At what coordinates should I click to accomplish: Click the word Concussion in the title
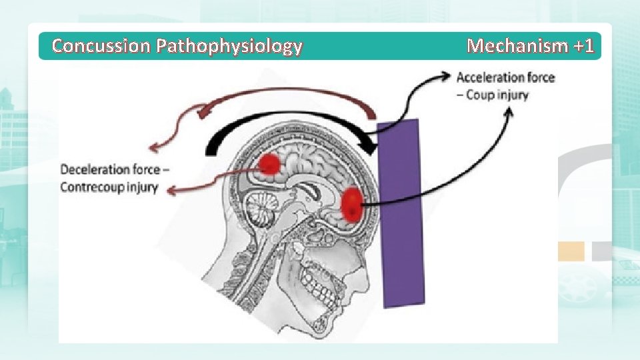(101, 46)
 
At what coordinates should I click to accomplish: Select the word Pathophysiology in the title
(229, 46)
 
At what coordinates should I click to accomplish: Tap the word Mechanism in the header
(517, 46)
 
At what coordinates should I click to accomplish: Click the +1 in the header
(583, 46)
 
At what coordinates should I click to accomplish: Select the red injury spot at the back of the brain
(269, 163)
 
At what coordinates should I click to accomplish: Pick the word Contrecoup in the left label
(91, 187)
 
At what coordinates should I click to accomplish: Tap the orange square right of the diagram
(571, 251)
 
